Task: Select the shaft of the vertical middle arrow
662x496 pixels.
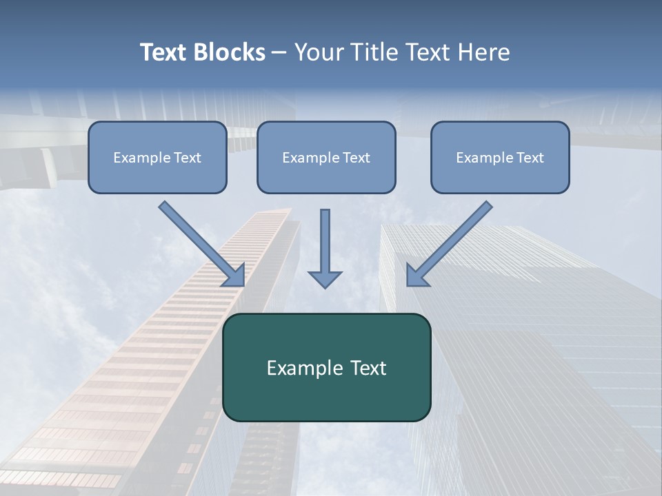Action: tap(325, 238)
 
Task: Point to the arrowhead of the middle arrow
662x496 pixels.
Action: tap(325, 279)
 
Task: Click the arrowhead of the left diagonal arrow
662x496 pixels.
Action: tap(236, 276)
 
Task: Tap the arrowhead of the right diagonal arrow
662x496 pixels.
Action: tap(416, 276)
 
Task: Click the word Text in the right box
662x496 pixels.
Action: tap(530, 158)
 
